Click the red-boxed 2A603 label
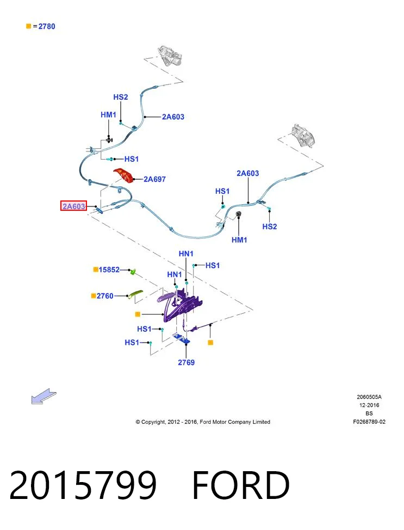coord(73,206)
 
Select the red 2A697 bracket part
coord(124,175)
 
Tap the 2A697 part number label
coord(154,179)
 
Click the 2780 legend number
coord(47,26)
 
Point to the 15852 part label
coord(109,270)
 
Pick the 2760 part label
coord(105,296)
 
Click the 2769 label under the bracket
coord(187,362)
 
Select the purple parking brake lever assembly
coord(179,304)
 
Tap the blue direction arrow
coord(43,396)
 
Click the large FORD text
coord(241,485)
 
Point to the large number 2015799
coord(83,485)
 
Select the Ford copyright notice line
coord(203,422)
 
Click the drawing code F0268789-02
coord(369,422)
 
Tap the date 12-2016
coord(369,405)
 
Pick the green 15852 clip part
coord(133,271)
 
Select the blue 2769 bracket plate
coord(181,338)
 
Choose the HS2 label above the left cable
coord(121,97)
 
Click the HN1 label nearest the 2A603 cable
coord(186,253)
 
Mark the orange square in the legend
coord(29,26)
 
